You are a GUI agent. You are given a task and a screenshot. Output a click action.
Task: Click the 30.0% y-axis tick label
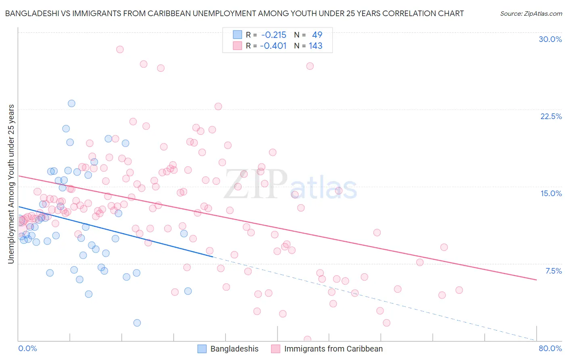pyautogui.click(x=550, y=39)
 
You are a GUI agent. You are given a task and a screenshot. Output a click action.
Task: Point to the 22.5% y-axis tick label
pyautogui.click(x=551, y=116)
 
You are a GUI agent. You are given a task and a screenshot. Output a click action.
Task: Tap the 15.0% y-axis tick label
pyautogui.click(x=551, y=193)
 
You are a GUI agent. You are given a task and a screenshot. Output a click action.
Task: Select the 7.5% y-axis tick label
pyautogui.click(x=553, y=271)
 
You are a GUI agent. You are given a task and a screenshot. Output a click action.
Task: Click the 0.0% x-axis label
pyautogui.click(x=27, y=348)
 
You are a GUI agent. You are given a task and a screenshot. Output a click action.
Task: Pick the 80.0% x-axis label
pyautogui.click(x=550, y=348)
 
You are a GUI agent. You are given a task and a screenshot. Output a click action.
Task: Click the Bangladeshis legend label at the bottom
pyautogui.click(x=234, y=349)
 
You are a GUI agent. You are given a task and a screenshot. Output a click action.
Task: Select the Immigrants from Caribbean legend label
pyautogui.click(x=333, y=349)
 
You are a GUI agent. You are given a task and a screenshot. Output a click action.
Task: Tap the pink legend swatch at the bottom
pyautogui.click(x=275, y=349)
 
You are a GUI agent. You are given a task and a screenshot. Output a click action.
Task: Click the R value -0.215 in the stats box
pyautogui.click(x=273, y=35)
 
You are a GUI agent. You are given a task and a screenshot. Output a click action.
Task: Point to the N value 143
pyautogui.click(x=315, y=46)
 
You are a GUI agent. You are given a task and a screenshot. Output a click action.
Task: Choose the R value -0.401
pyautogui.click(x=273, y=46)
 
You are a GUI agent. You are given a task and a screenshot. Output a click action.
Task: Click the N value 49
pyautogui.click(x=317, y=35)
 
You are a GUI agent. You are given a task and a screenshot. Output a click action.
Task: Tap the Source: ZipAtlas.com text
pyautogui.click(x=531, y=13)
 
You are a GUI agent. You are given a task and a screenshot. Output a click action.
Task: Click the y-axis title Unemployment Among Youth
pyautogui.click(x=11, y=184)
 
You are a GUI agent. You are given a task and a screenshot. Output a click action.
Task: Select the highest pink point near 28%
pyautogui.click(x=120, y=49)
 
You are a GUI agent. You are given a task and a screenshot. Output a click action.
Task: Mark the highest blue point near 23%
pyautogui.click(x=71, y=103)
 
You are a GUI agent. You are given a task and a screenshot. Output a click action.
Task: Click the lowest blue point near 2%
pyautogui.click(x=137, y=323)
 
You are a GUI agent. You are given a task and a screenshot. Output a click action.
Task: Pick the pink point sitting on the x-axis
pyautogui.click(x=307, y=339)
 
